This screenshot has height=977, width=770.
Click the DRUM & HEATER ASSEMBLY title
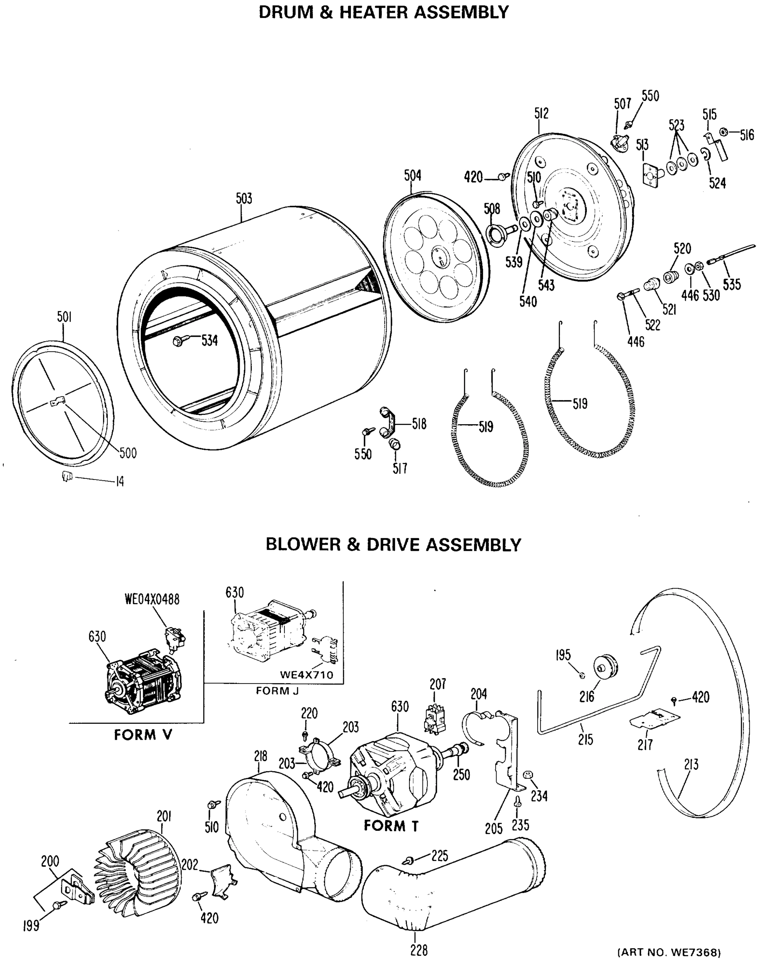(384, 12)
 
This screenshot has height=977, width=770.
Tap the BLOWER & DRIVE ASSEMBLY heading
(393, 544)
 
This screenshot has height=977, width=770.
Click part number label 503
(244, 199)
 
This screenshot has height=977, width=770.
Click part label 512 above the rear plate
(541, 114)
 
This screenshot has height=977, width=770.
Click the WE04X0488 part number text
(152, 599)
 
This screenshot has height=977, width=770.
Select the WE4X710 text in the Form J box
(306, 675)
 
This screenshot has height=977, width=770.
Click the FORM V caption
(143, 735)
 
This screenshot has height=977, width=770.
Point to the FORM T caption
(391, 826)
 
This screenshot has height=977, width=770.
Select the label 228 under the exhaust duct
(418, 951)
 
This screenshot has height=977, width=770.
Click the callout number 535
(731, 285)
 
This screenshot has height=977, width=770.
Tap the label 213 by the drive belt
(691, 765)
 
